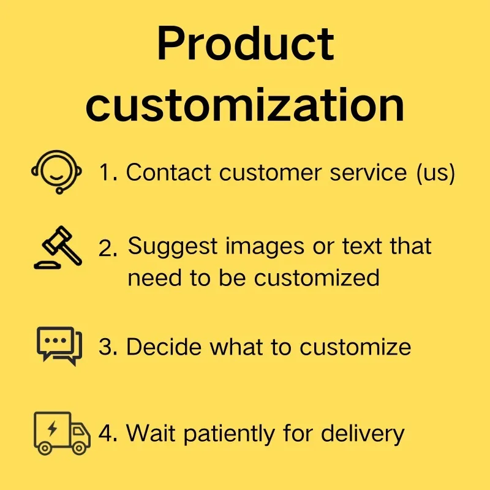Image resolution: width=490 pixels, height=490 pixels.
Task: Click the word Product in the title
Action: click(x=246, y=43)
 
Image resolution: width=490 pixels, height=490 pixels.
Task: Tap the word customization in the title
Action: click(x=245, y=105)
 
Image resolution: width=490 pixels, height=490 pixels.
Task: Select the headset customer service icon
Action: click(x=56, y=172)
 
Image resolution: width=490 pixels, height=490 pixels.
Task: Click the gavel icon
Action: click(x=58, y=247)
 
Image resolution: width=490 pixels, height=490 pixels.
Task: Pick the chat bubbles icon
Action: click(x=59, y=346)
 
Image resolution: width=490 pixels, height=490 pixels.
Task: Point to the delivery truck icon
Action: click(x=62, y=433)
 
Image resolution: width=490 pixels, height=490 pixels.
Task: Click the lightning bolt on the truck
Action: click(x=53, y=428)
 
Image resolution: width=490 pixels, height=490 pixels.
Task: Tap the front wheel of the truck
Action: click(x=80, y=448)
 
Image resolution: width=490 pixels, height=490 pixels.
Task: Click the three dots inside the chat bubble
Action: click(x=56, y=341)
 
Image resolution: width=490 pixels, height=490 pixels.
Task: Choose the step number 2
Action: click(x=108, y=249)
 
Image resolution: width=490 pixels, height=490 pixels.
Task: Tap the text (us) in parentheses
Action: click(x=435, y=173)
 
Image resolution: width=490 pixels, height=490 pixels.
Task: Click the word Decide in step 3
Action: click(x=164, y=347)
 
